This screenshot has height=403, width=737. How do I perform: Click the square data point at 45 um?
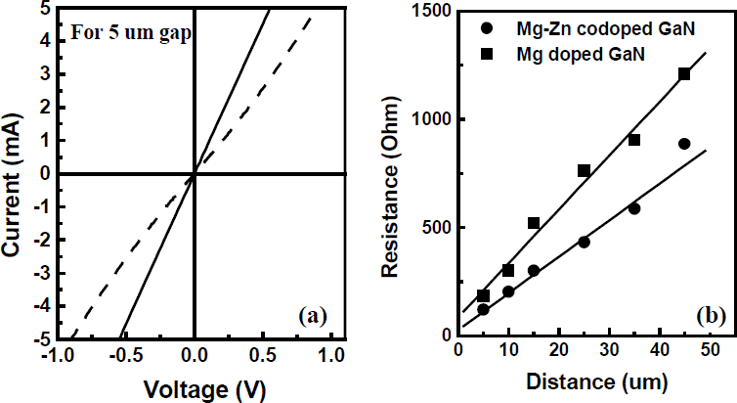click(x=684, y=74)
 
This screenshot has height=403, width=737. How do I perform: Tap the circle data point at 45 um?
click(x=684, y=144)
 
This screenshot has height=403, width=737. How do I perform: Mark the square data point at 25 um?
click(x=584, y=170)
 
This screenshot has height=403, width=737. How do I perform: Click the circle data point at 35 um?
click(x=634, y=208)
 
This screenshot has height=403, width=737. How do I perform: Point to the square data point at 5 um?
click(x=483, y=295)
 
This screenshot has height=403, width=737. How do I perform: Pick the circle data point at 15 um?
click(x=534, y=271)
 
